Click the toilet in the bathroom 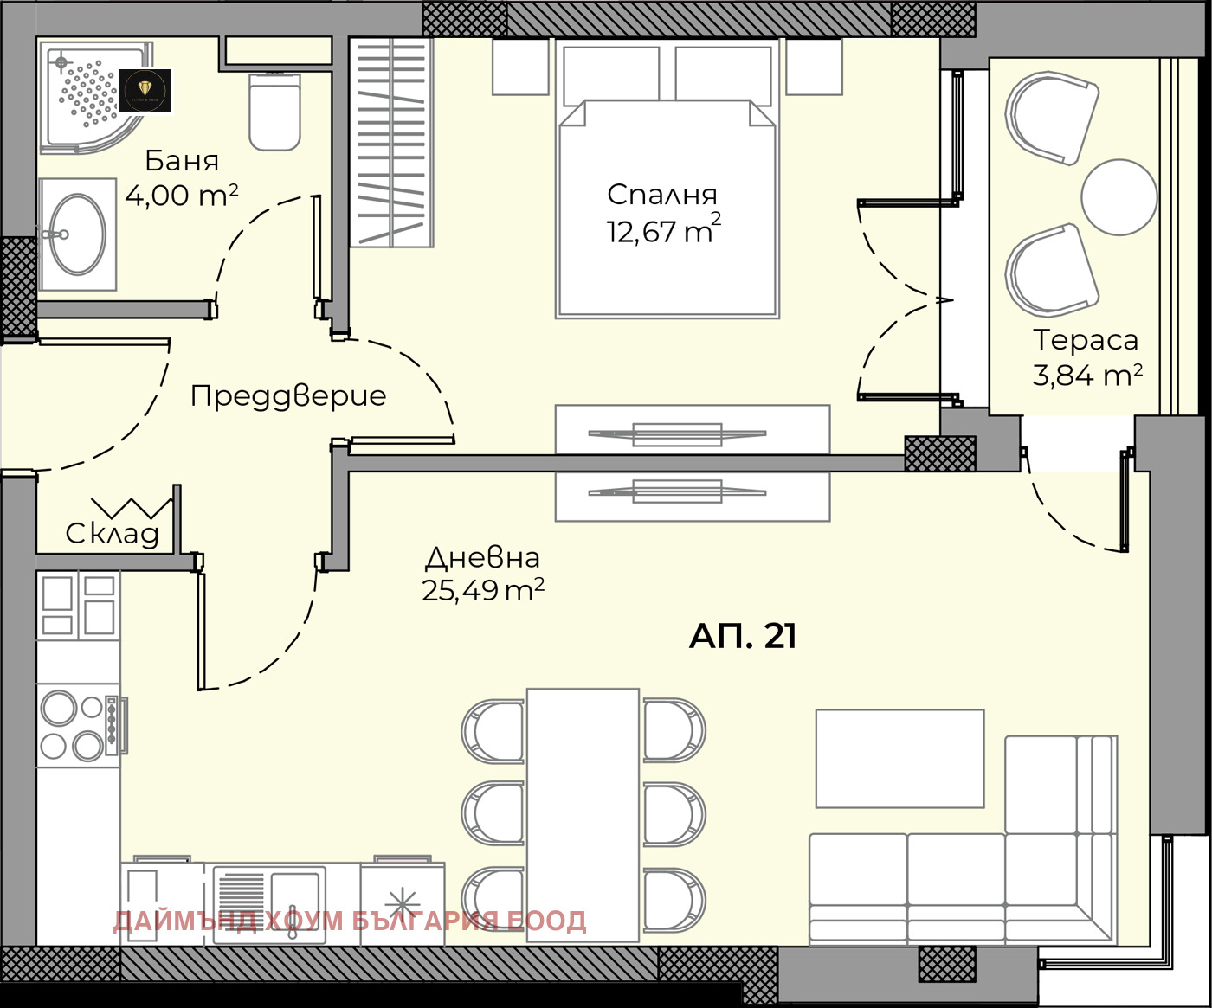click(x=274, y=112)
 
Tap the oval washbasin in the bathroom click(x=78, y=234)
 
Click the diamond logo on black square click(x=145, y=90)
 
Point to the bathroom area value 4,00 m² click(x=181, y=196)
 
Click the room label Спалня click(x=662, y=195)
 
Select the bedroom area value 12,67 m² click(x=662, y=231)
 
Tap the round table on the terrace click(x=1119, y=197)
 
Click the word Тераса click(x=1086, y=340)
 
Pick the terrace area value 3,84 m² click(x=1087, y=376)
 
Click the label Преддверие click(x=288, y=395)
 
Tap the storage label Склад click(x=113, y=534)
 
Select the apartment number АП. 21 click(x=743, y=636)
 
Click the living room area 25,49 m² click(x=482, y=590)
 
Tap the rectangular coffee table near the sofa click(x=899, y=759)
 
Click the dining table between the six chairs click(x=583, y=814)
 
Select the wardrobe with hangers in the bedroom click(x=391, y=143)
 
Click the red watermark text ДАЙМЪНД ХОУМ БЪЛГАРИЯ click(x=350, y=921)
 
